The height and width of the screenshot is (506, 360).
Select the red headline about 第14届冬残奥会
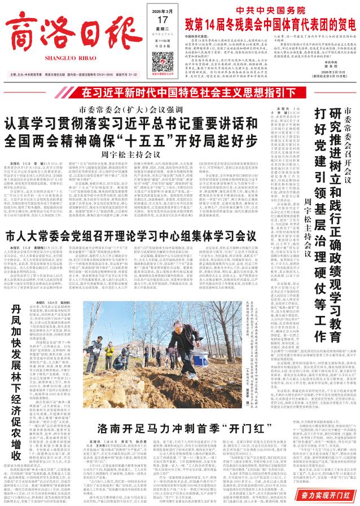[264, 24]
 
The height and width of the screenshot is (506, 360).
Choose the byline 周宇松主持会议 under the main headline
[122, 154]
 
